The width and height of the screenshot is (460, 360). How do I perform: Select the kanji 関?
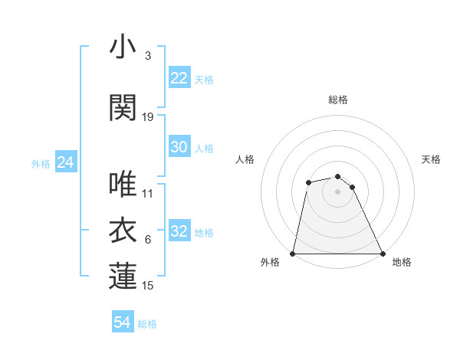pyautogui.click(x=123, y=108)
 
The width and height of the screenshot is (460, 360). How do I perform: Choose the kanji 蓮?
pyautogui.click(x=123, y=277)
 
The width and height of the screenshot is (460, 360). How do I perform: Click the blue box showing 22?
pyautogui.click(x=179, y=78)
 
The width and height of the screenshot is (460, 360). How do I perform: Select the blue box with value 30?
pyautogui.click(x=179, y=148)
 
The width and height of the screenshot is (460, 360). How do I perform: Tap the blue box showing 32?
pyautogui.click(x=179, y=232)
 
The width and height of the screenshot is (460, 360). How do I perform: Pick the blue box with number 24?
pyautogui.click(x=65, y=162)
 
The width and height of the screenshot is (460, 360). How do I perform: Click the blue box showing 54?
pyautogui.click(x=123, y=323)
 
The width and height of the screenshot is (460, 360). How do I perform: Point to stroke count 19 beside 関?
pyautogui.click(x=148, y=117)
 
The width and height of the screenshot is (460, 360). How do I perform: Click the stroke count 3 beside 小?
pyautogui.click(x=148, y=56)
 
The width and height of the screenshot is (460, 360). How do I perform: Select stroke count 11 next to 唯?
pyautogui.click(x=148, y=194)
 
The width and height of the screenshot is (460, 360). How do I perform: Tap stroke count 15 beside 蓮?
pyautogui.click(x=148, y=286)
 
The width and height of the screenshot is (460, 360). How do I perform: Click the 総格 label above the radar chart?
pyautogui.click(x=338, y=100)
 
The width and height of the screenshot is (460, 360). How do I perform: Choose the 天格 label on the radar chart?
pyautogui.click(x=431, y=159)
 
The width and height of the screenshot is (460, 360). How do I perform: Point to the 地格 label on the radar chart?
pyautogui.click(x=402, y=262)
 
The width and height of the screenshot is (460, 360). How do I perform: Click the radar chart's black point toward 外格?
pyautogui.click(x=293, y=253)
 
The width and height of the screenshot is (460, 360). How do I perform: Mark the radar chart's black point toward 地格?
pyautogui.click(x=382, y=253)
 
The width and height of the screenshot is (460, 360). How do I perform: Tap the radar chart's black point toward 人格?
pyautogui.click(x=308, y=182)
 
